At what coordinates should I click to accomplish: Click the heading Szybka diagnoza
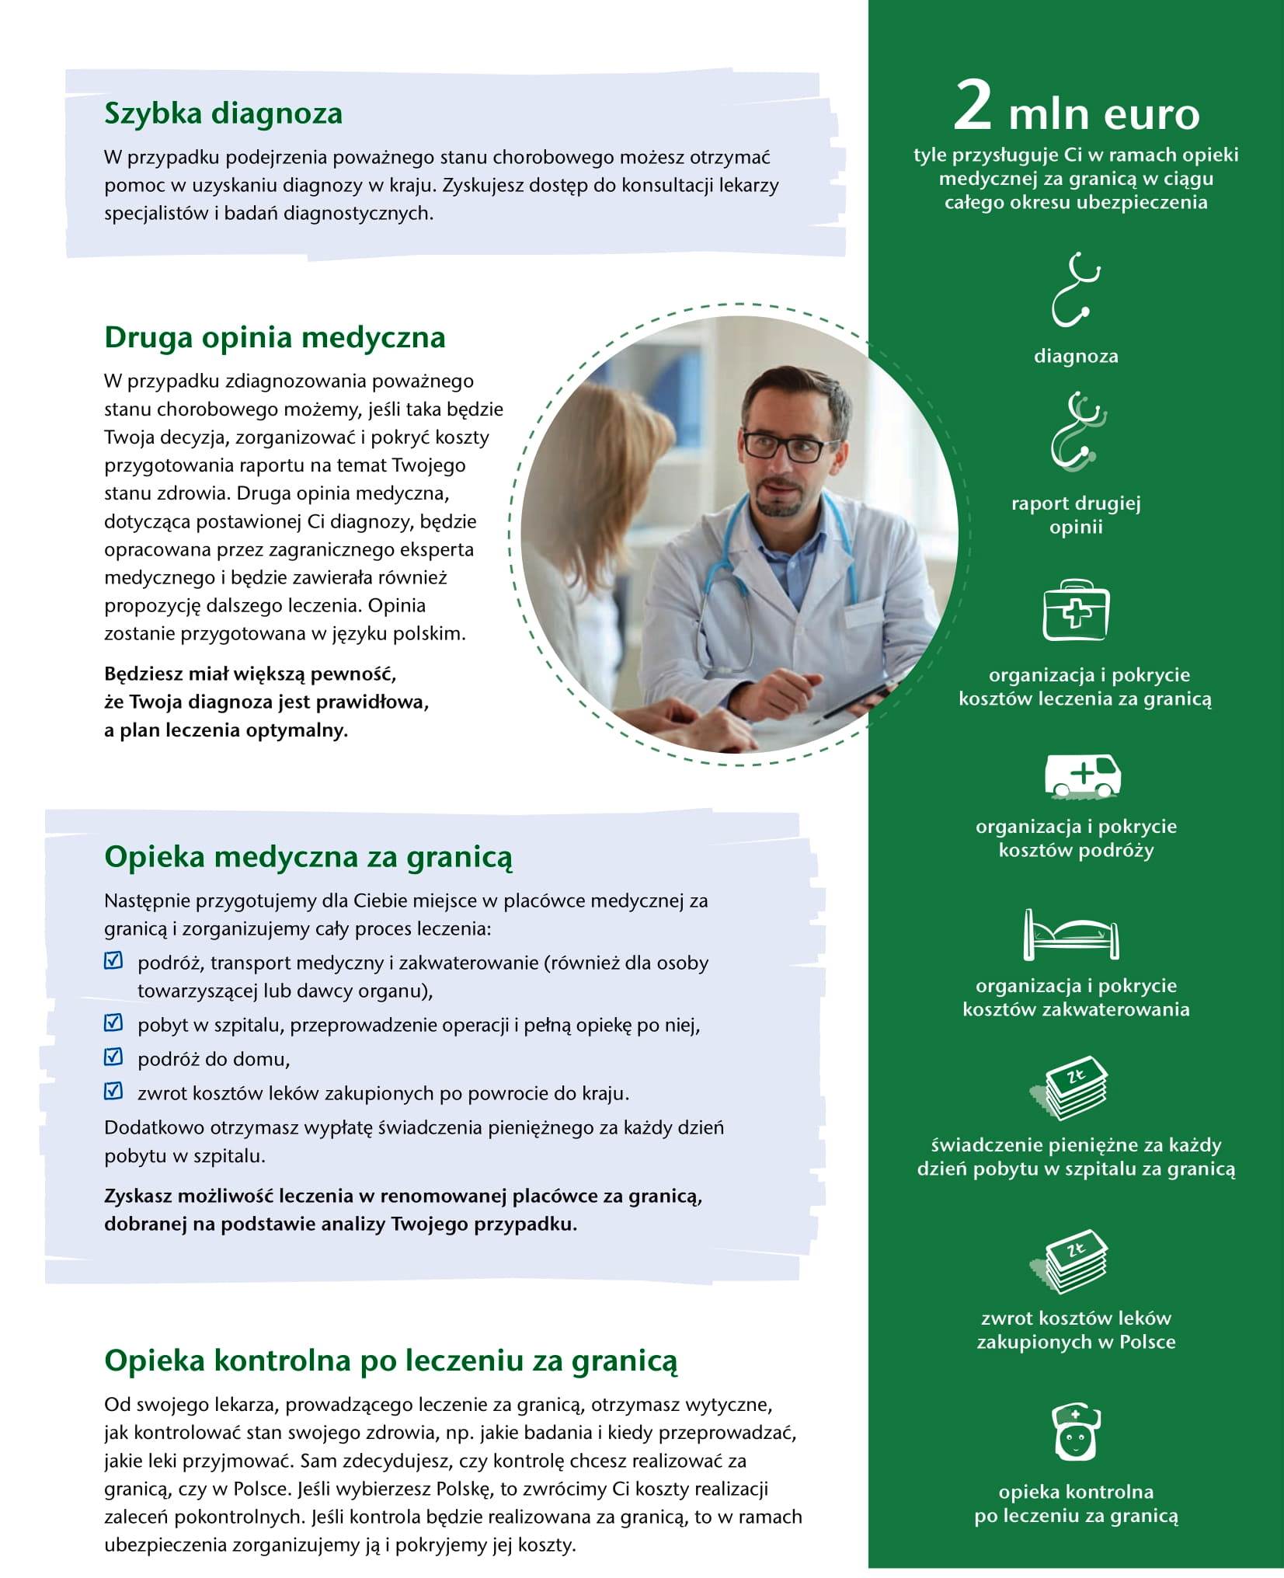(223, 113)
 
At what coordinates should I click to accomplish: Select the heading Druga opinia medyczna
(274, 337)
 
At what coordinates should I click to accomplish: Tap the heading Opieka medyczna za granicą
(308, 856)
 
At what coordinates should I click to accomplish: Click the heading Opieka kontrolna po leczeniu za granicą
(391, 1360)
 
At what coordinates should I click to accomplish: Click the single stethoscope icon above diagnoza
(1075, 289)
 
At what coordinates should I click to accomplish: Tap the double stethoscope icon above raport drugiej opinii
(1075, 432)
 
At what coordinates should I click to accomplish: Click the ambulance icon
(1081, 775)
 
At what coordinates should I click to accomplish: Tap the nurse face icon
(1075, 1431)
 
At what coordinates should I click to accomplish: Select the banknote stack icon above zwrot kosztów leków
(1070, 1262)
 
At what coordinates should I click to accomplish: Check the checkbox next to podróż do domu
(113, 1057)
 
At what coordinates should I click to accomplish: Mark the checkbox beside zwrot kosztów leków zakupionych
(113, 1091)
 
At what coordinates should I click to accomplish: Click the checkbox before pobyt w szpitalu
(113, 1022)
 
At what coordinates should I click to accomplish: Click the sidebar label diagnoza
(1076, 357)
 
